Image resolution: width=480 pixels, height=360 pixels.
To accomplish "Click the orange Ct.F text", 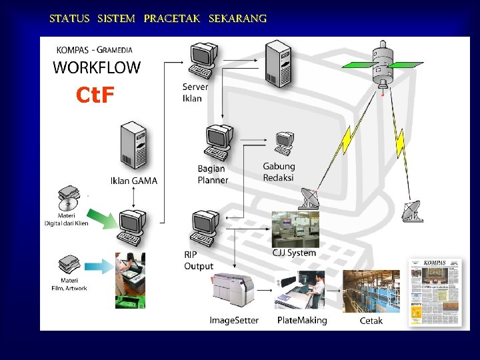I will tap(95, 96).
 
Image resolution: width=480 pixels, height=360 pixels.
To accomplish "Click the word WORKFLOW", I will tap(97, 67).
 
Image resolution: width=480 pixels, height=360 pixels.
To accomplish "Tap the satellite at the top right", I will tap(382, 64).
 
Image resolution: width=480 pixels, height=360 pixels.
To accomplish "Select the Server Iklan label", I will tap(195, 93).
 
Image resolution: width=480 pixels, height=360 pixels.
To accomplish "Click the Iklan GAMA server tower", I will tap(133, 147).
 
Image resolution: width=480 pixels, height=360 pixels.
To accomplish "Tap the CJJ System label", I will tap(294, 253).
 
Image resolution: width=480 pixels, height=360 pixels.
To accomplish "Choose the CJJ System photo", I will tap(295, 229).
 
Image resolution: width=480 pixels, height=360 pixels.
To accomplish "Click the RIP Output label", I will tap(199, 261).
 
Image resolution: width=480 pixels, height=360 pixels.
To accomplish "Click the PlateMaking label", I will tap(302, 320).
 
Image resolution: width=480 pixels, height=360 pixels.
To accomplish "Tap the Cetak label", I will tap(371, 321).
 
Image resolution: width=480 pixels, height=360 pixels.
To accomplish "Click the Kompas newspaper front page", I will tap(435, 292).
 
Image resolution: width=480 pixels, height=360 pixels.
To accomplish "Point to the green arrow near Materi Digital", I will tap(102, 217).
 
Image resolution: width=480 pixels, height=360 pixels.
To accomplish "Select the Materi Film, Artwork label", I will tap(69, 285).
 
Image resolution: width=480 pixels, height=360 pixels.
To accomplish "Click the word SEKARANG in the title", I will tap(237, 19).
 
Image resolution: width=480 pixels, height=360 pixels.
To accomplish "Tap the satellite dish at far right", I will tap(411, 211).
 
